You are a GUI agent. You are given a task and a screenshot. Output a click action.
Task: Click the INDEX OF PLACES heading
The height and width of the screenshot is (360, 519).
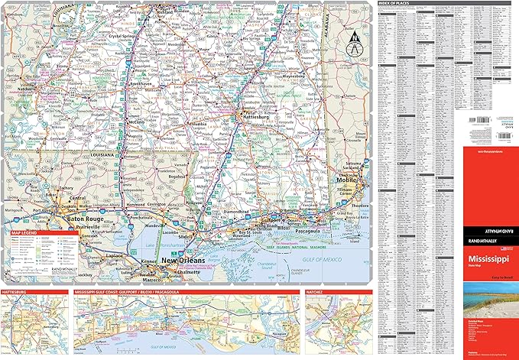[400, 4]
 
